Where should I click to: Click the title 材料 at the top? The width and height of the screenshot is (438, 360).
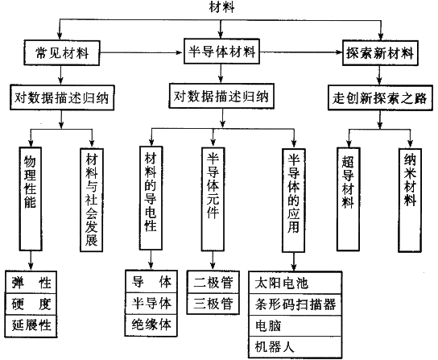[x=221, y=7]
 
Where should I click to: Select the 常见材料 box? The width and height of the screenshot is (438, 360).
[x=62, y=53]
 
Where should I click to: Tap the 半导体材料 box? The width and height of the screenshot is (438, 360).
[x=221, y=52]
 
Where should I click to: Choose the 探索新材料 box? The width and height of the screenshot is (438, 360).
[x=380, y=53]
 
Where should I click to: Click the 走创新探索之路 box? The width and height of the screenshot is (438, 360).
[x=380, y=97]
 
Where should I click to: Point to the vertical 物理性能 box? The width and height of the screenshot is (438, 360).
[x=31, y=199]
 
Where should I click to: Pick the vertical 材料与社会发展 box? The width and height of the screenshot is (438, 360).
[x=92, y=200]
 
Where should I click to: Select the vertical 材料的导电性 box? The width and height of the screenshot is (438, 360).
[x=151, y=198]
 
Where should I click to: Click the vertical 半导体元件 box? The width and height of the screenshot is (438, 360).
[x=213, y=199]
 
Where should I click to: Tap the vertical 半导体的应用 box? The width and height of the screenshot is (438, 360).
[x=294, y=201]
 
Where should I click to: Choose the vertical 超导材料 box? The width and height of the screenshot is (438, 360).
[x=349, y=199]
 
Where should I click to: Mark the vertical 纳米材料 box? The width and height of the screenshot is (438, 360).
[x=410, y=200]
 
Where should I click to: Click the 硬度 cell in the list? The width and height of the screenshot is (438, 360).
[x=31, y=304]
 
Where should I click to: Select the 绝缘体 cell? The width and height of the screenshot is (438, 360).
[x=151, y=325]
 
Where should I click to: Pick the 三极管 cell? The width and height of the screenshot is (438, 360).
[x=213, y=304]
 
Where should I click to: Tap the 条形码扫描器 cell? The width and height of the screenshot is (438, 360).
[x=295, y=304]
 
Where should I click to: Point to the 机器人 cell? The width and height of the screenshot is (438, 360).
[x=295, y=347]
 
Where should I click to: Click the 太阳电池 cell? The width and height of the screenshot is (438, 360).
[x=295, y=283]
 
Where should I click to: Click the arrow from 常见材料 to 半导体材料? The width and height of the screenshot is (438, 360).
[x=142, y=52]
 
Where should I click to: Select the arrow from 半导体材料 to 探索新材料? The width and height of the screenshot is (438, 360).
[x=301, y=52]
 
